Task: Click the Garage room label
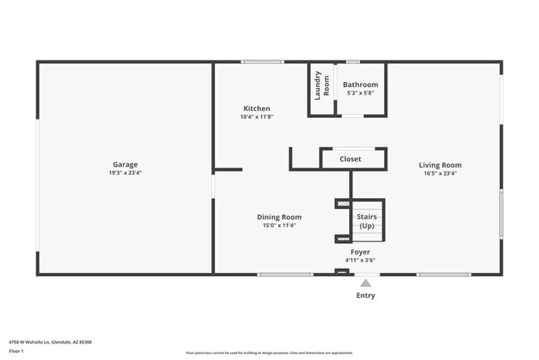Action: pos(126,164)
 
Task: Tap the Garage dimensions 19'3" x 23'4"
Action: pos(126,173)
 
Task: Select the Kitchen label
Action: pos(256,109)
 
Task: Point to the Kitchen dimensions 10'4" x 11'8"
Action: pos(256,117)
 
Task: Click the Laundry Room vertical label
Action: pos(322,85)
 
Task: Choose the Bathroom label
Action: pos(361,85)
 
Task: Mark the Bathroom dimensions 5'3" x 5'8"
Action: pos(361,93)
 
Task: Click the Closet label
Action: pos(350,159)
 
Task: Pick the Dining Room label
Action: pos(279,216)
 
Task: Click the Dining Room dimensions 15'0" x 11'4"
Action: pos(279,225)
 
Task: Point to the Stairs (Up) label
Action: pos(366,221)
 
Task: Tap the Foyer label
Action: pos(360,251)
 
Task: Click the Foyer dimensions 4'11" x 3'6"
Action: pos(360,260)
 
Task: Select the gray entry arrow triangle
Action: pos(365,283)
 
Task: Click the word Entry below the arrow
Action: pos(365,295)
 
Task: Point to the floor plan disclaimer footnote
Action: pos(269,353)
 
